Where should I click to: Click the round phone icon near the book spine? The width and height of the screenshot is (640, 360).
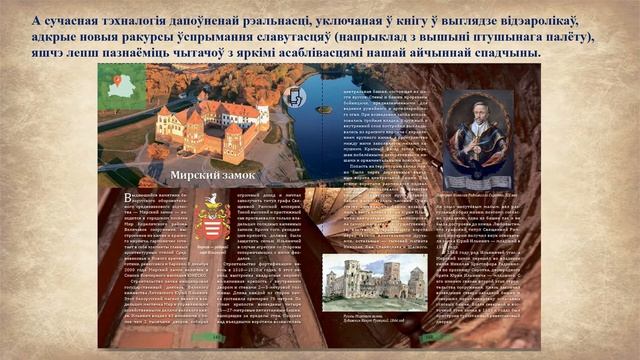[296, 96]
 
